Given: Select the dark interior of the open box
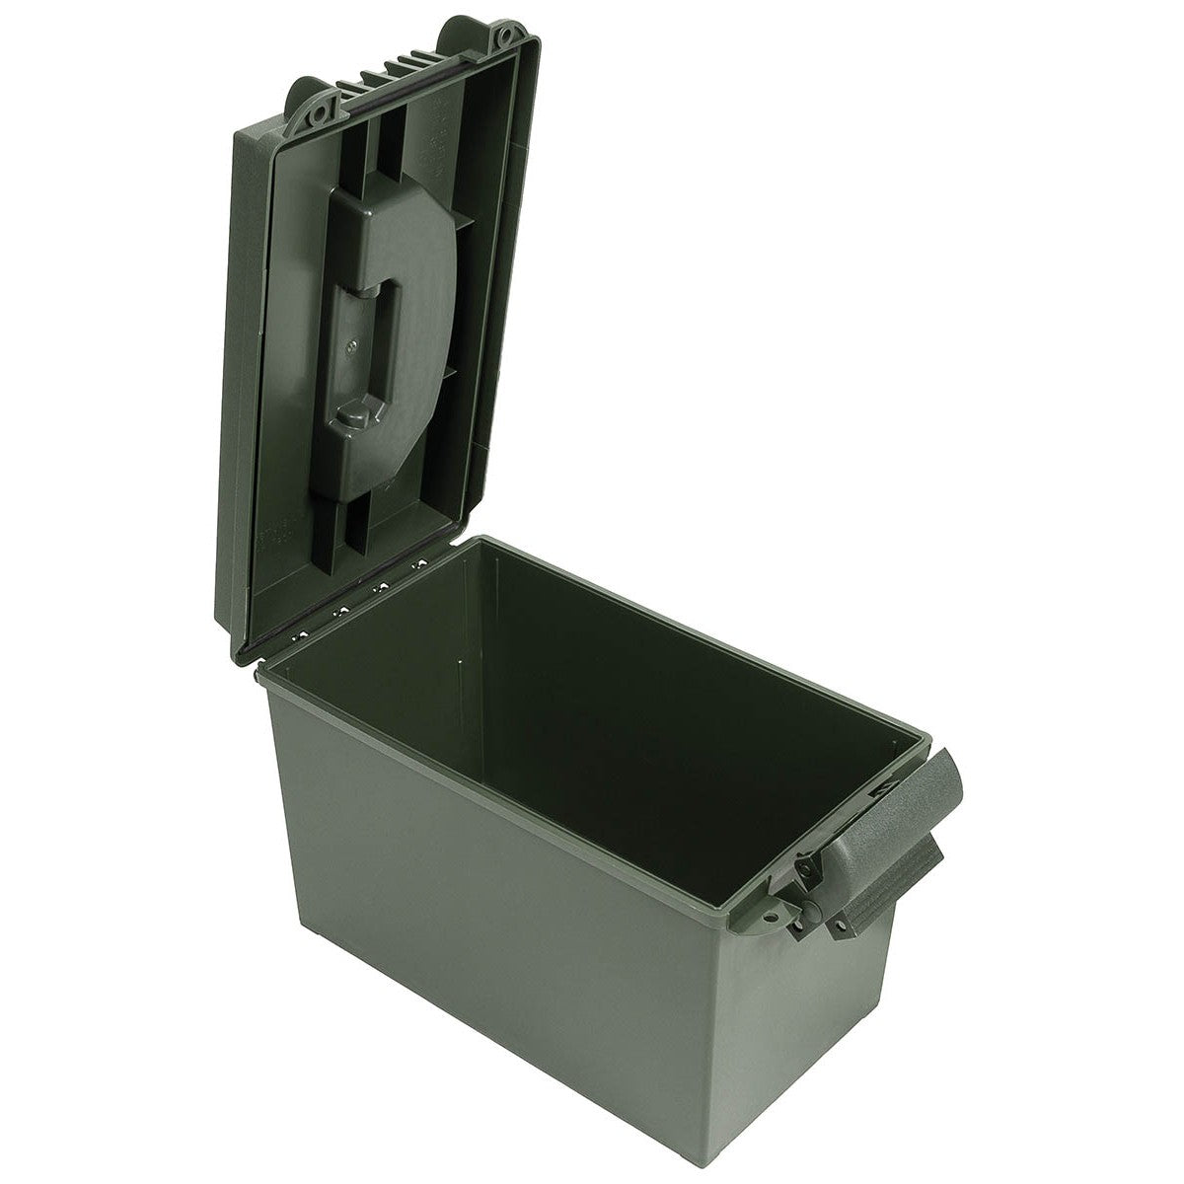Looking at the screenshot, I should point(612,691).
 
